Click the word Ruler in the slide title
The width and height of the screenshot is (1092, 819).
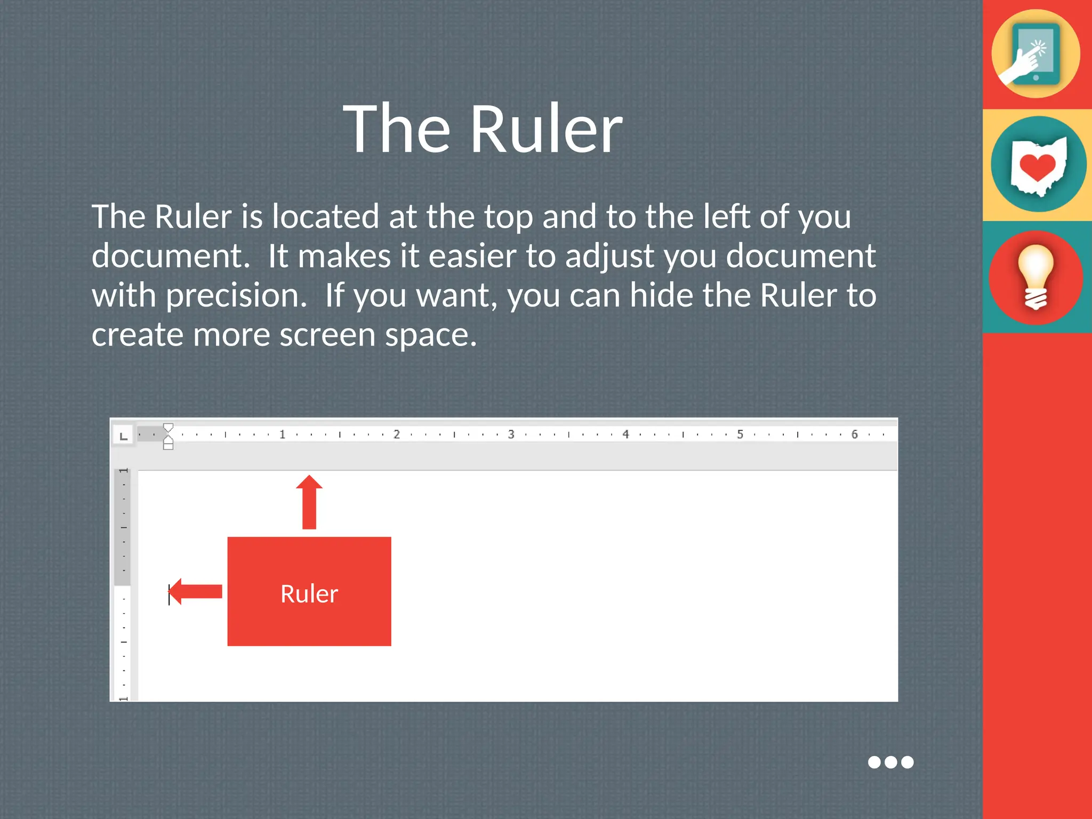546,130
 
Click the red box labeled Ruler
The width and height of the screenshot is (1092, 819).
309,592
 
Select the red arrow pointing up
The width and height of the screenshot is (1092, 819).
309,501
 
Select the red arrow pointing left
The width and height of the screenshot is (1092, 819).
196,591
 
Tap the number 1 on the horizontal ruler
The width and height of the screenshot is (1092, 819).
282,435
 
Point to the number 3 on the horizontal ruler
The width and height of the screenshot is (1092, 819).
511,435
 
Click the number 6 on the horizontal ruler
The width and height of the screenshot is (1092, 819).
854,435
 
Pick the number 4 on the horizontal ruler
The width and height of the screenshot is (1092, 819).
625,435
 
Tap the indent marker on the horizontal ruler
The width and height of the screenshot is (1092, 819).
168,436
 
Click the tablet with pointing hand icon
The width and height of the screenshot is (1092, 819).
1035,54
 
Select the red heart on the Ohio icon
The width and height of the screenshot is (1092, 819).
1037,167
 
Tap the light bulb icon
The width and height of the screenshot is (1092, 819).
1035,277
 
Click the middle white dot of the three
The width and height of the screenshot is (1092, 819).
890,762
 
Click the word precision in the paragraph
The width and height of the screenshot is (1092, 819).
236,296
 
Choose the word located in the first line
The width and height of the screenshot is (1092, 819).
325,216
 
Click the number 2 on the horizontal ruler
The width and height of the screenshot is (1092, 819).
397,435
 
